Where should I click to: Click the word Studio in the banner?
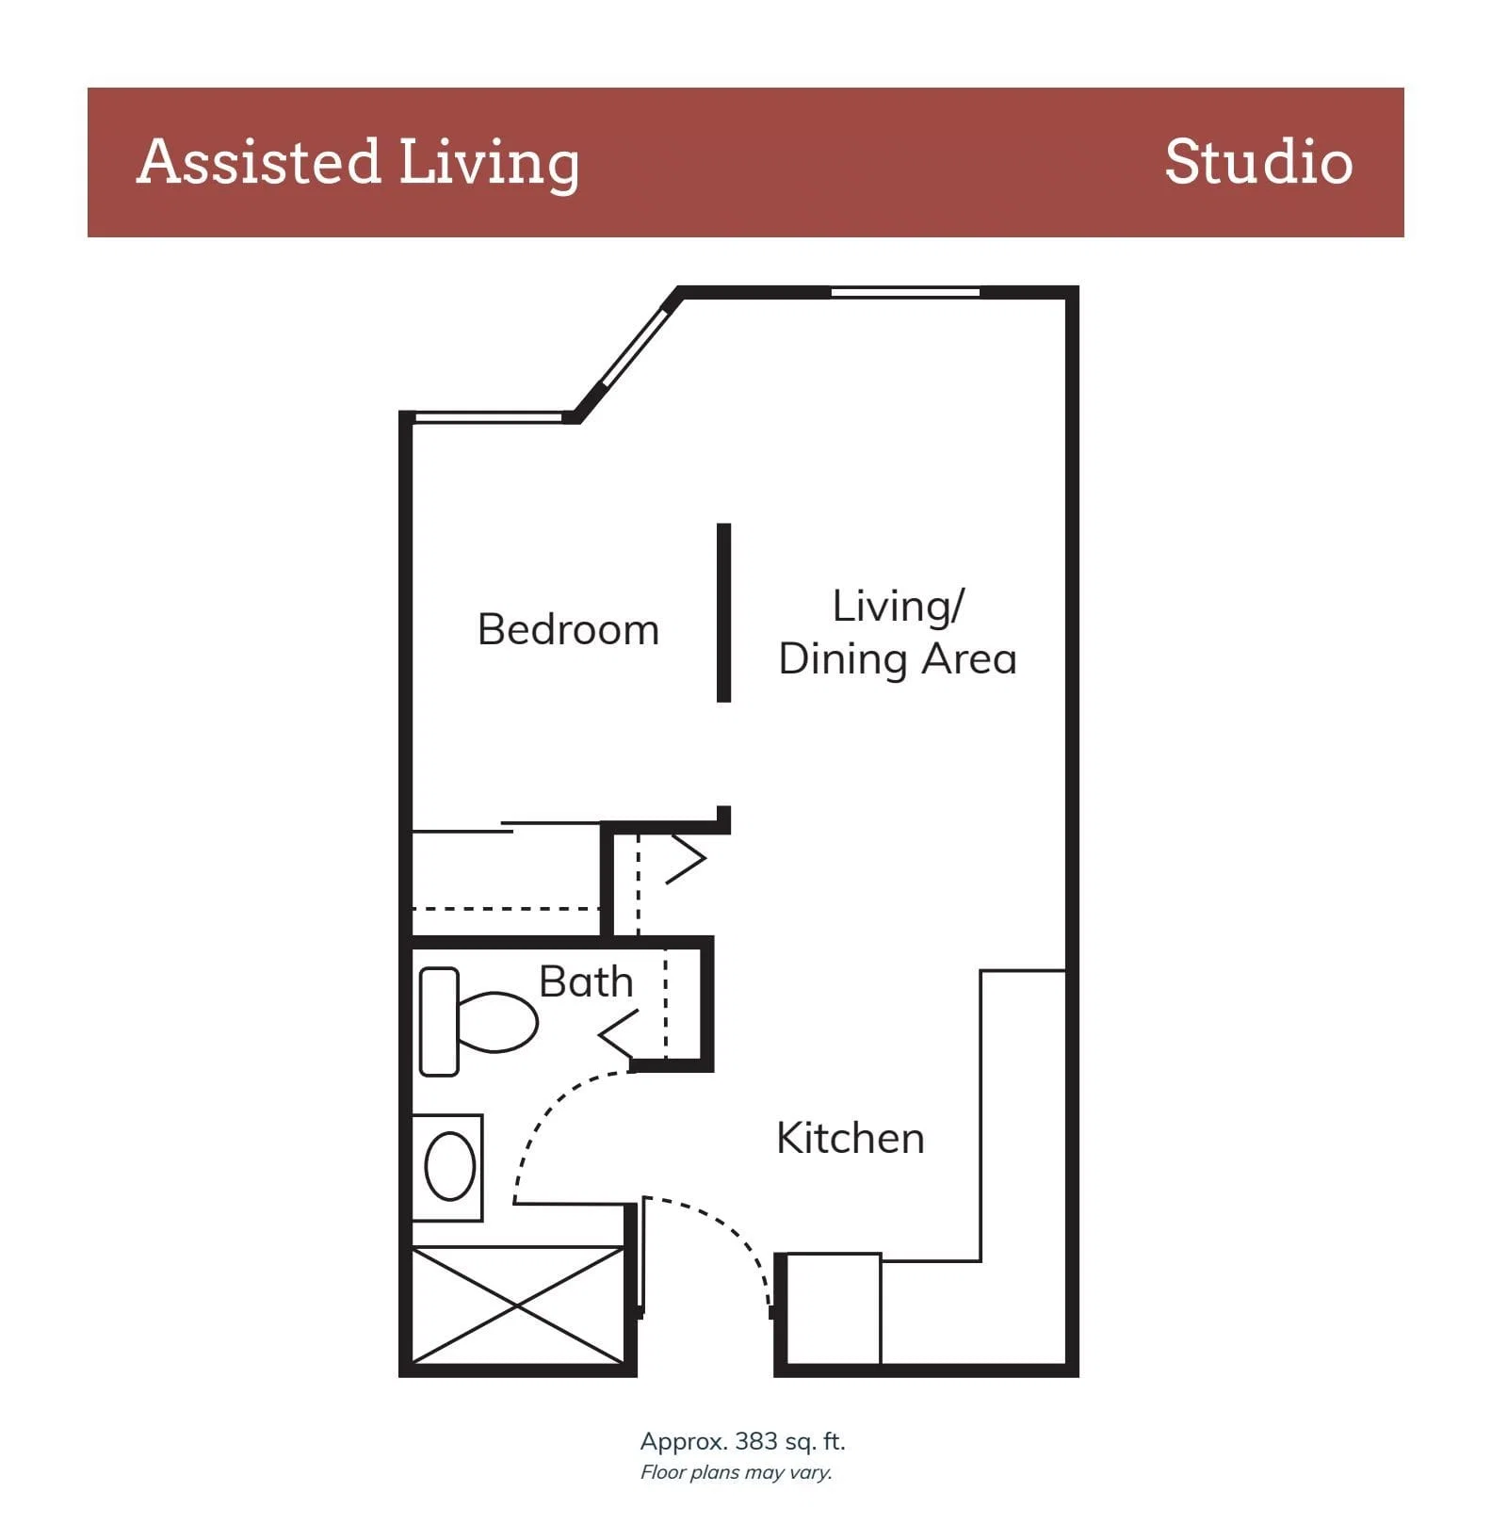coord(1258,161)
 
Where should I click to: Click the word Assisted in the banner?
coord(258,161)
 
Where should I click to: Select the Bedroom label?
coord(568,629)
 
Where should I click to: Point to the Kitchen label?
coord(850,1138)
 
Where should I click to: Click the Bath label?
coord(586,981)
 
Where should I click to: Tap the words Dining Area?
coord(898,658)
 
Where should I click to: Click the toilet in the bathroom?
coord(478,1022)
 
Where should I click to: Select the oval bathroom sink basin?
coord(450,1166)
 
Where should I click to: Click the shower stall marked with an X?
coord(518,1305)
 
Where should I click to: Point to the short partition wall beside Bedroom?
coord(723,612)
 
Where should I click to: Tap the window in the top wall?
coord(905,292)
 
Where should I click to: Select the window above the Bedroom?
coord(489,417)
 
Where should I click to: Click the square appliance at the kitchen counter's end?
coord(834,1308)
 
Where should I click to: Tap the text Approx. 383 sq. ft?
coord(743,1441)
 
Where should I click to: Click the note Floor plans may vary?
coord(737,1472)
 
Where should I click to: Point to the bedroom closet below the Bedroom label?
coord(507,881)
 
